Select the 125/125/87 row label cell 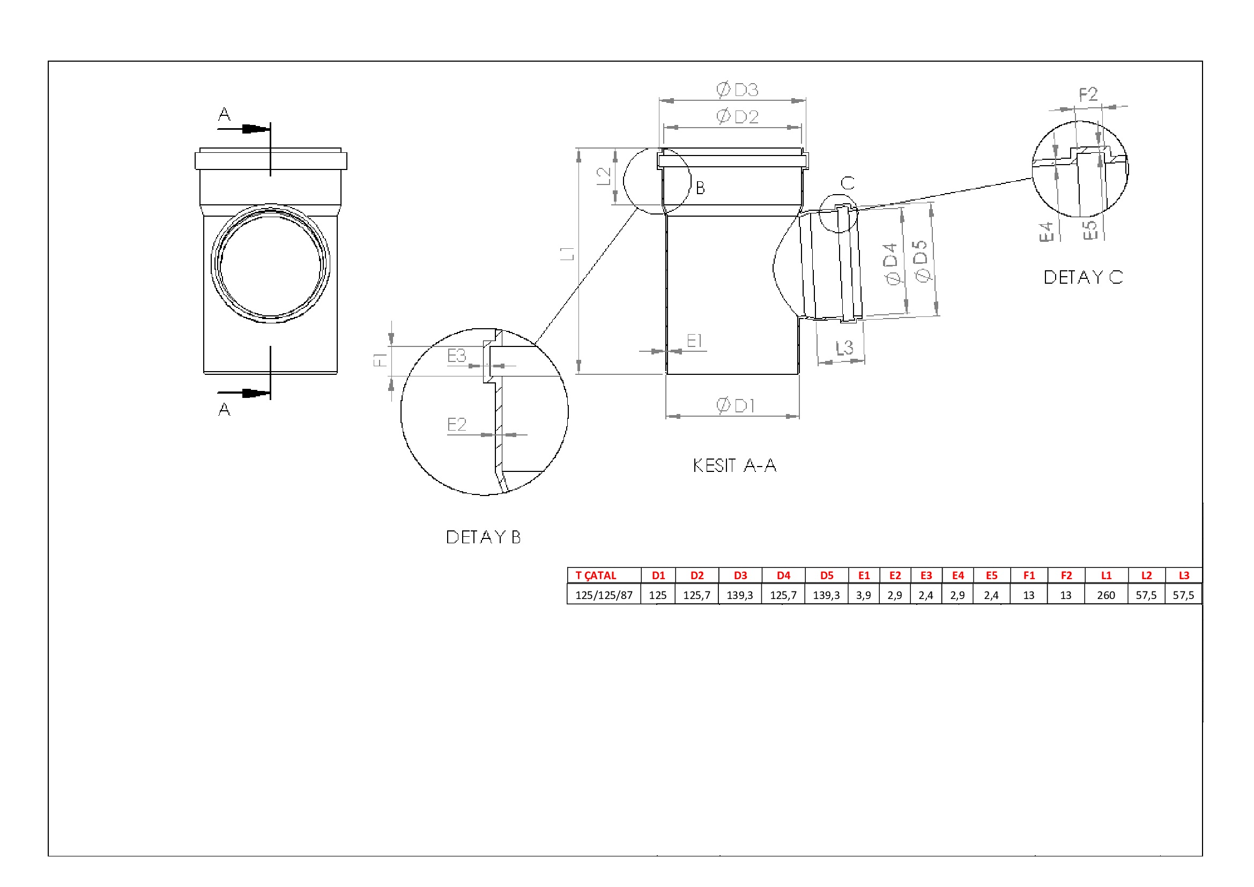click(604, 595)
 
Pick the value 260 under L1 click(1105, 595)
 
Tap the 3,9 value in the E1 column click(863, 595)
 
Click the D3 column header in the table click(740, 575)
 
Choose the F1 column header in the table click(1028, 575)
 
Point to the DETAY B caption click(483, 537)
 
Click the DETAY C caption click(1083, 277)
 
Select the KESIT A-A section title click(734, 465)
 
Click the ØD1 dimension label click(735, 405)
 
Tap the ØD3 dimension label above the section click(737, 90)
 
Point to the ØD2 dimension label click(737, 116)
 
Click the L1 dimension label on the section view click(567, 253)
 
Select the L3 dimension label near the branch click(844, 348)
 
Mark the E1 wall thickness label click(694, 341)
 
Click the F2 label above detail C click(1088, 94)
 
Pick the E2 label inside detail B click(457, 424)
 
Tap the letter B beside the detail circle click(700, 188)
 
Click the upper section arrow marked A click(243, 129)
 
